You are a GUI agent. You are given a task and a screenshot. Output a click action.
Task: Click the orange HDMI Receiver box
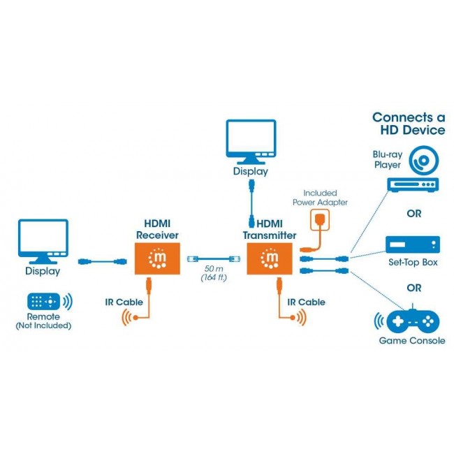pyautogui.click(x=157, y=259)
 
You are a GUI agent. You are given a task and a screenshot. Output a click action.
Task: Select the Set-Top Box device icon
pyautogui.click(x=414, y=244)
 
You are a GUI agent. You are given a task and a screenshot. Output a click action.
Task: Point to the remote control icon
pyautogui.click(x=43, y=302)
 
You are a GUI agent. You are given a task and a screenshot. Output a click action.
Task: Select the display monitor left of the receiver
pyautogui.click(x=43, y=240)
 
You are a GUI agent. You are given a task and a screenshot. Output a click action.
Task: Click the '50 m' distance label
pyautogui.click(x=214, y=269)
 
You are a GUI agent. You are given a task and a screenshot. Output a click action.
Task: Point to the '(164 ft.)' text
pyautogui.click(x=214, y=279)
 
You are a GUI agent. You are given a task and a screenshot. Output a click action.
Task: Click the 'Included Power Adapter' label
pyautogui.click(x=320, y=198)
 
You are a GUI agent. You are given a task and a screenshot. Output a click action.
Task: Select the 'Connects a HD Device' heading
pyautogui.click(x=409, y=124)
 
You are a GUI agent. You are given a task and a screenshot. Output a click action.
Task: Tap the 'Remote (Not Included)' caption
pyautogui.click(x=43, y=321)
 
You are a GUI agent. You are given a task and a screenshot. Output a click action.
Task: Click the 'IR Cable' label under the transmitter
pyautogui.click(x=306, y=302)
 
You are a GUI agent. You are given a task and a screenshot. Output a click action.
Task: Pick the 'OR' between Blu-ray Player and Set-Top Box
pyautogui.click(x=414, y=214)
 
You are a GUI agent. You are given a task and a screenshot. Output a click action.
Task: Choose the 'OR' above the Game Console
pyautogui.click(x=414, y=287)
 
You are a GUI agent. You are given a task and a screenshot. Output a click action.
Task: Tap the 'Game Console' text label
pyautogui.click(x=412, y=341)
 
